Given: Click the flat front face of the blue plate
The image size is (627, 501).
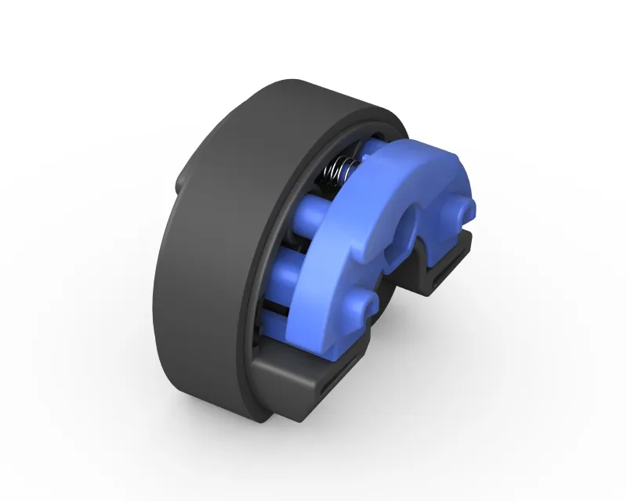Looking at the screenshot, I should point(329,258).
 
